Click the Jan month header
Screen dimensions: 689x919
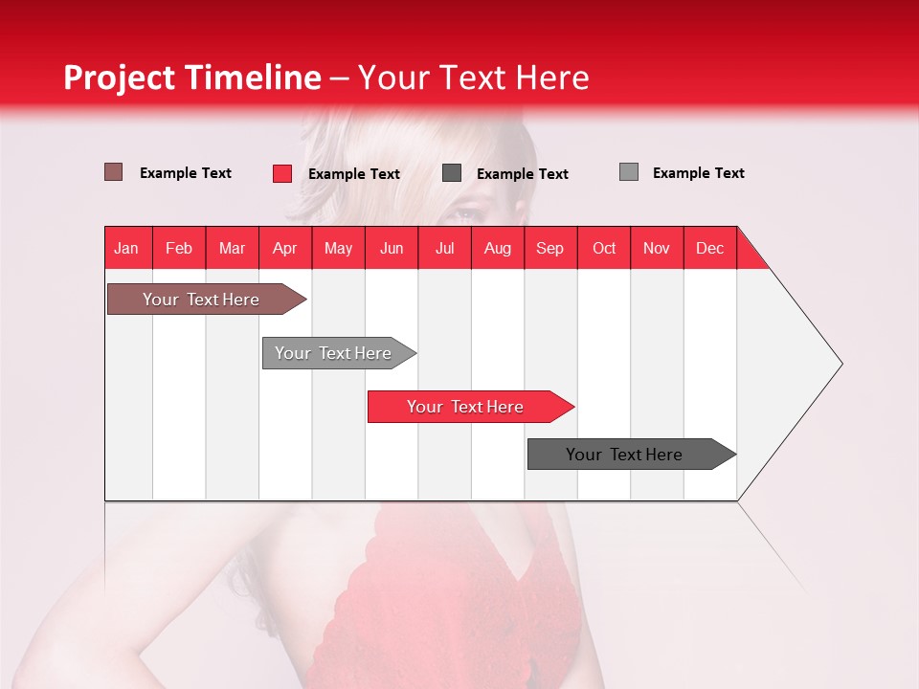(x=126, y=248)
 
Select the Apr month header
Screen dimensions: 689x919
(x=284, y=248)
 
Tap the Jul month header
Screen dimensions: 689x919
(x=444, y=248)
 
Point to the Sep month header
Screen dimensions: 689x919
(x=549, y=248)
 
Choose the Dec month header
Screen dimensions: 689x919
(x=709, y=248)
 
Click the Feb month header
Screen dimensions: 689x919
(x=179, y=248)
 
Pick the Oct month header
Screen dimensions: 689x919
(x=604, y=248)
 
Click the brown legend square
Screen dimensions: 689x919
(x=113, y=172)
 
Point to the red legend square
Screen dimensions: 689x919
(x=282, y=173)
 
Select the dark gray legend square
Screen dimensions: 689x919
(x=452, y=172)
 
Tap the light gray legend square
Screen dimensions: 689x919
(x=628, y=172)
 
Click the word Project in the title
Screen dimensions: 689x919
(x=119, y=78)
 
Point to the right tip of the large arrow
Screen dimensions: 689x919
(x=841, y=364)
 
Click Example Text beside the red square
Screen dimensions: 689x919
(x=353, y=174)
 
